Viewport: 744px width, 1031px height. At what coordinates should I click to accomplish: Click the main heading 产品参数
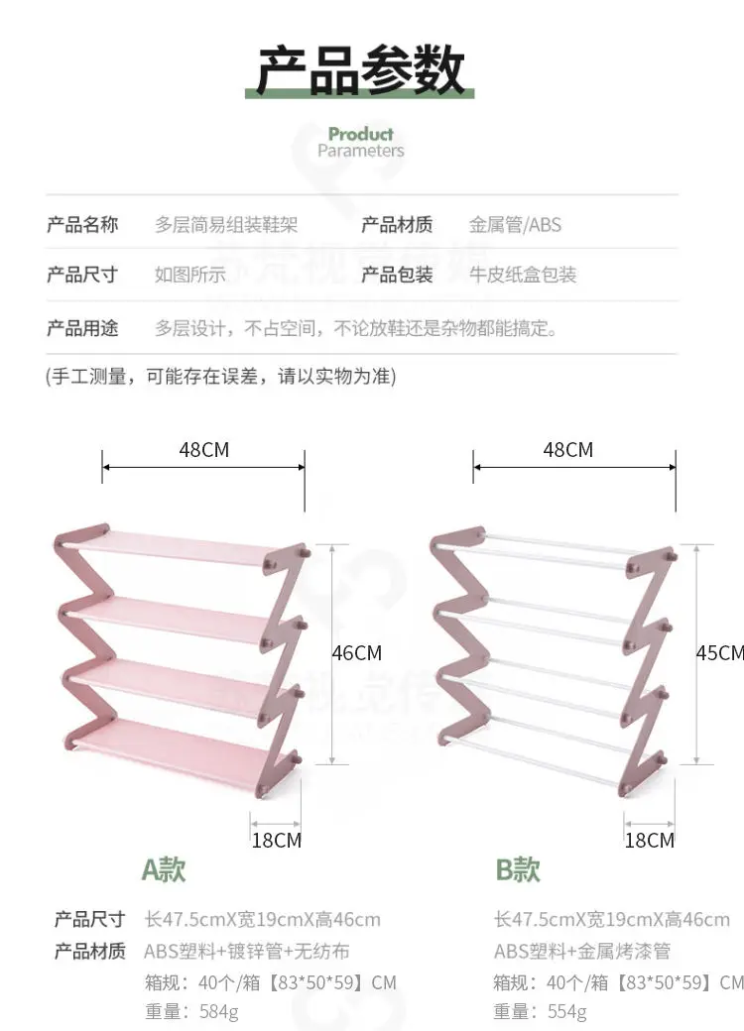(x=361, y=69)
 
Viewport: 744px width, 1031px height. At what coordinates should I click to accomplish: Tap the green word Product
(x=361, y=134)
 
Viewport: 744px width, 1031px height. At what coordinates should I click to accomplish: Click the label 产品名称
(x=82, y=225)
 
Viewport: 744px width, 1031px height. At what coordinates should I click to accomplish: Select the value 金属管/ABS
(x=515, y=225)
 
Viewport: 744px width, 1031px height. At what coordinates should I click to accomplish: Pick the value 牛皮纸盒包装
(x=523, y=275)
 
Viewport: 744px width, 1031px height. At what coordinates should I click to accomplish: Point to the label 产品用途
(x=82, y=327)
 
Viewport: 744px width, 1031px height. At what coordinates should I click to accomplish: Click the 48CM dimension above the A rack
(x=203, y=450)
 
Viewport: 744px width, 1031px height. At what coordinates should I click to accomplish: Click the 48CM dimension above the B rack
(x=567, y=450)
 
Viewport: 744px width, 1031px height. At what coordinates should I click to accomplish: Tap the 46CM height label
(x=356, y=653)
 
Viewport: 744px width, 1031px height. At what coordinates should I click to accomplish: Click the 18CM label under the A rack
(x=276, y=841)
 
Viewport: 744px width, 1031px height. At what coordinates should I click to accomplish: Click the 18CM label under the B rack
(x=649, y=841)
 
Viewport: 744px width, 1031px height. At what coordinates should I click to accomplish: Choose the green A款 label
(x=164, y=870)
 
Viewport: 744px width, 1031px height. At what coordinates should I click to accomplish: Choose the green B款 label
(x=518, y=870)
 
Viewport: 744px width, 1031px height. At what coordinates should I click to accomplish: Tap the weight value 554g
(x=566, y=1011)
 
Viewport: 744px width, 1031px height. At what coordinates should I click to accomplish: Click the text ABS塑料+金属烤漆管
(x=582, y=951)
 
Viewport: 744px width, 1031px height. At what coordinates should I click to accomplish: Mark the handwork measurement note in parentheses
(x=221, y=377)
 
